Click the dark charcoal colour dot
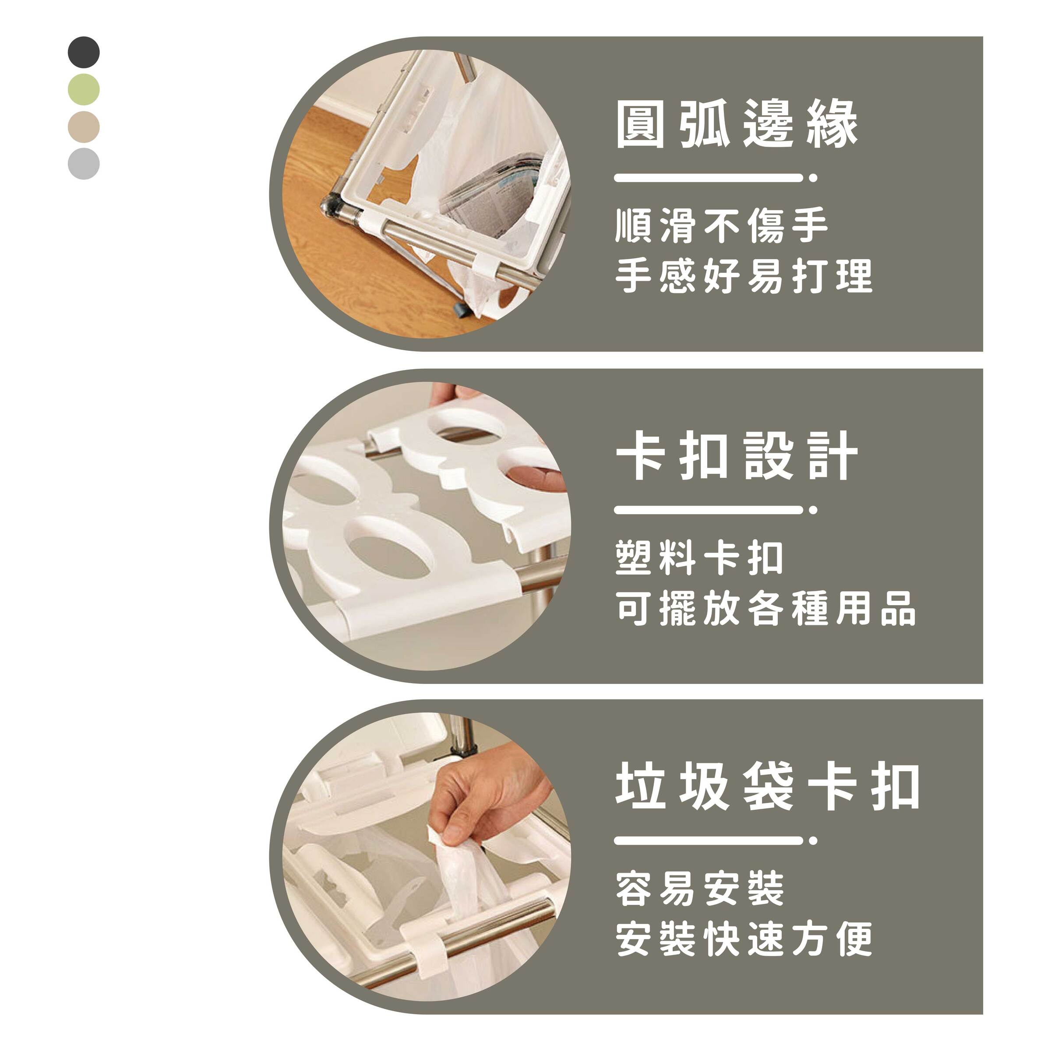(x=84, y=52)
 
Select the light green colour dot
(x=84, y=89)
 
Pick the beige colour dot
(x=84, y=127)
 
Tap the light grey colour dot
(x=84, y=163)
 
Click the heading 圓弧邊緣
(x=737, y=124)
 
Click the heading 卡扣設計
(x=737, y=456)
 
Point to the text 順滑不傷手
(x=721, y=226)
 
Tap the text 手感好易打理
(x=744, y=276)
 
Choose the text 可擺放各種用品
(x=766, y=608)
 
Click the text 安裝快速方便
(x=744, y=939)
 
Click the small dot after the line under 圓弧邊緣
(x=813, y=178)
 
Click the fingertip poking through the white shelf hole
(x=536, y=476)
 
